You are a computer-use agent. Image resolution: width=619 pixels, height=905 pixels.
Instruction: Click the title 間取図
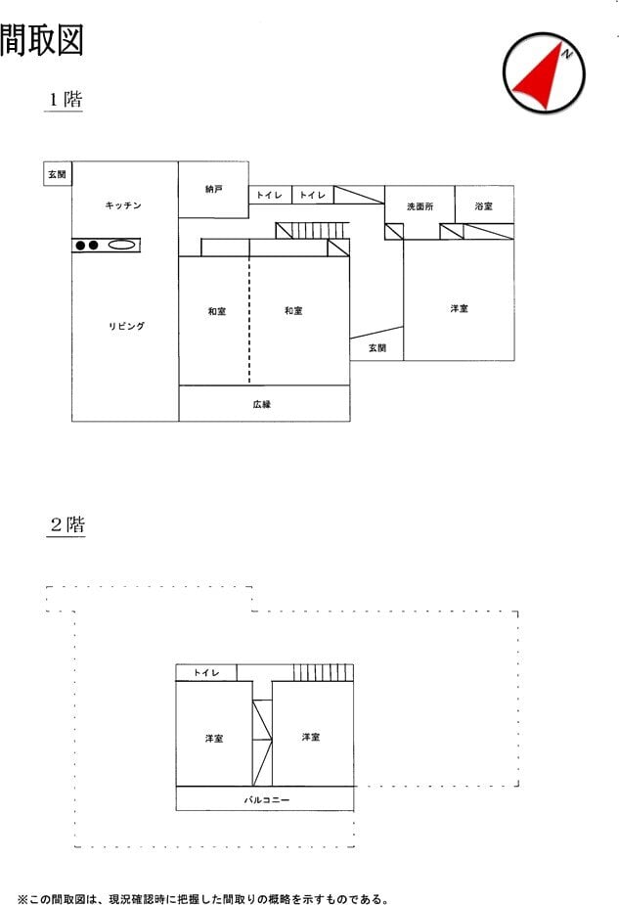click(41, 40)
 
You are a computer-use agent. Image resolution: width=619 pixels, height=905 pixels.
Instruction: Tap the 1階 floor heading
click(66, 99)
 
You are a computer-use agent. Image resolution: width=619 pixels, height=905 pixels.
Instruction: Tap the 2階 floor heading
click(67, 524)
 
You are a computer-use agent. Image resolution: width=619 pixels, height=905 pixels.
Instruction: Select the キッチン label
click(123, 204)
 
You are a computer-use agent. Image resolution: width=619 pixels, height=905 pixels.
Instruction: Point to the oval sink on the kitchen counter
click(121, 245)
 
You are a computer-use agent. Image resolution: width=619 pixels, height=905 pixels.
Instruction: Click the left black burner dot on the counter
click(81, 246)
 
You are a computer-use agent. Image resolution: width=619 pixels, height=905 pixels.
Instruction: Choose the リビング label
click(126, 326)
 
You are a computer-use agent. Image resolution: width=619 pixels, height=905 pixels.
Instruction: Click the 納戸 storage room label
click(213, 189)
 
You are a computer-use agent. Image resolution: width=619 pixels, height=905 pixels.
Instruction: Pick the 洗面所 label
click(420, 206)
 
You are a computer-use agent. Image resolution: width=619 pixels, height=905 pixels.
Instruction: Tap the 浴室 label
click(483, 205)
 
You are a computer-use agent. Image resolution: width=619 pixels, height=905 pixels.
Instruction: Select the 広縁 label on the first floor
click(262, 404)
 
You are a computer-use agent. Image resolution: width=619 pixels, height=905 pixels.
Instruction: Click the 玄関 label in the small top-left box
click(57, 174)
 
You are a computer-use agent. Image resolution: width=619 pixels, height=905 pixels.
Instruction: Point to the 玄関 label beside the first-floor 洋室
click(377, 347)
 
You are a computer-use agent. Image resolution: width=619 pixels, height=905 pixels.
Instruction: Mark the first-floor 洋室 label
click(460, 309)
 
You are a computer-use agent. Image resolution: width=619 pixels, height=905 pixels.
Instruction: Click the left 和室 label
click(217, 311)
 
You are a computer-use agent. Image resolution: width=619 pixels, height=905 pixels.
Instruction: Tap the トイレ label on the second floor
click(206, 672)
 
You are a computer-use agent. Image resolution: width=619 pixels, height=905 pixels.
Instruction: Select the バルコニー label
click(267, 800)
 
